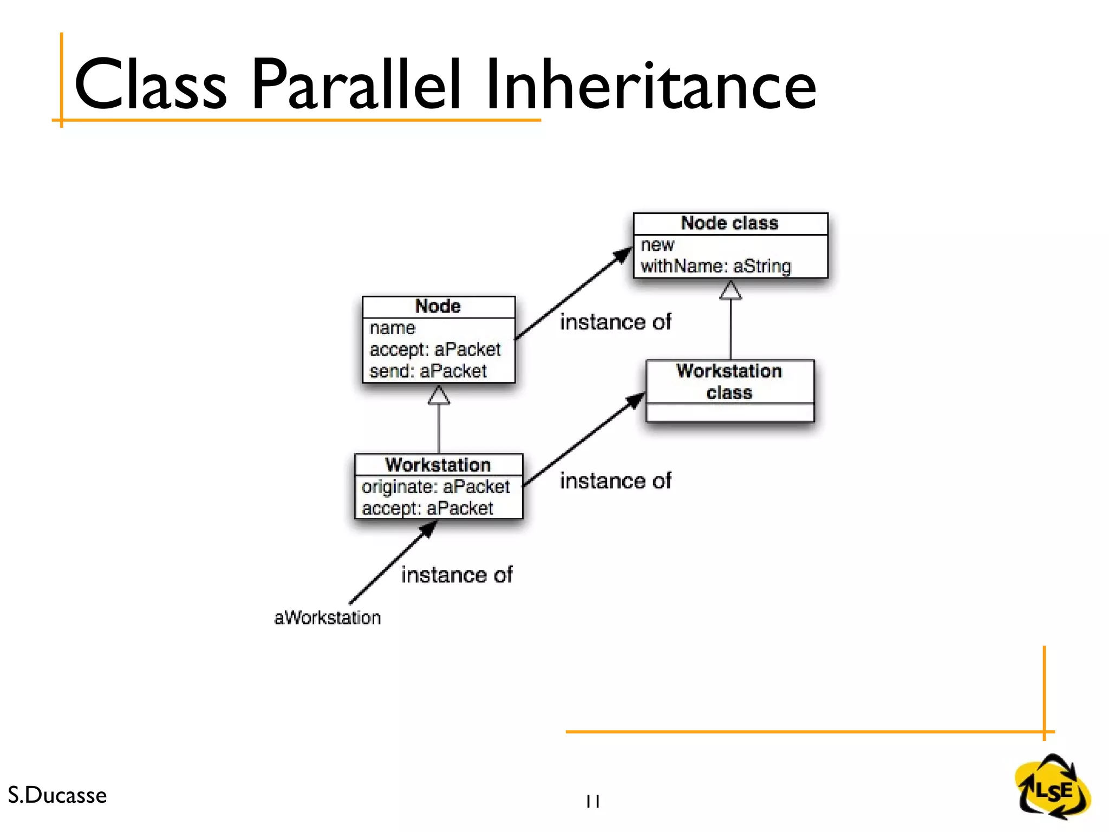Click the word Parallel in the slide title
pos(356,85)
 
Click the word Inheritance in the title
pos(650,85)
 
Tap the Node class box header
pos(729,223)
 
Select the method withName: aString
pos(715,266)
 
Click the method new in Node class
pos(657,245)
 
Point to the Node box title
pos(438,307)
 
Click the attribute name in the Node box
pos(392,328)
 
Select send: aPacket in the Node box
pos(428,372)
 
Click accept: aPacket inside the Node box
pos(435,350)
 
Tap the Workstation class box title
pos(729,381)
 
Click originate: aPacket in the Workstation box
pos(435,487)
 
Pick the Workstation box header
pos(438,465)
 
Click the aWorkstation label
pos(327,617)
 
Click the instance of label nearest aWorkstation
pos(456,575)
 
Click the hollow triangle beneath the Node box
pos(439,396)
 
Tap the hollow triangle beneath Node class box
pos(730,291)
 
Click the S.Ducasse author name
pos(57,795)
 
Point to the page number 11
pos(592,801)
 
